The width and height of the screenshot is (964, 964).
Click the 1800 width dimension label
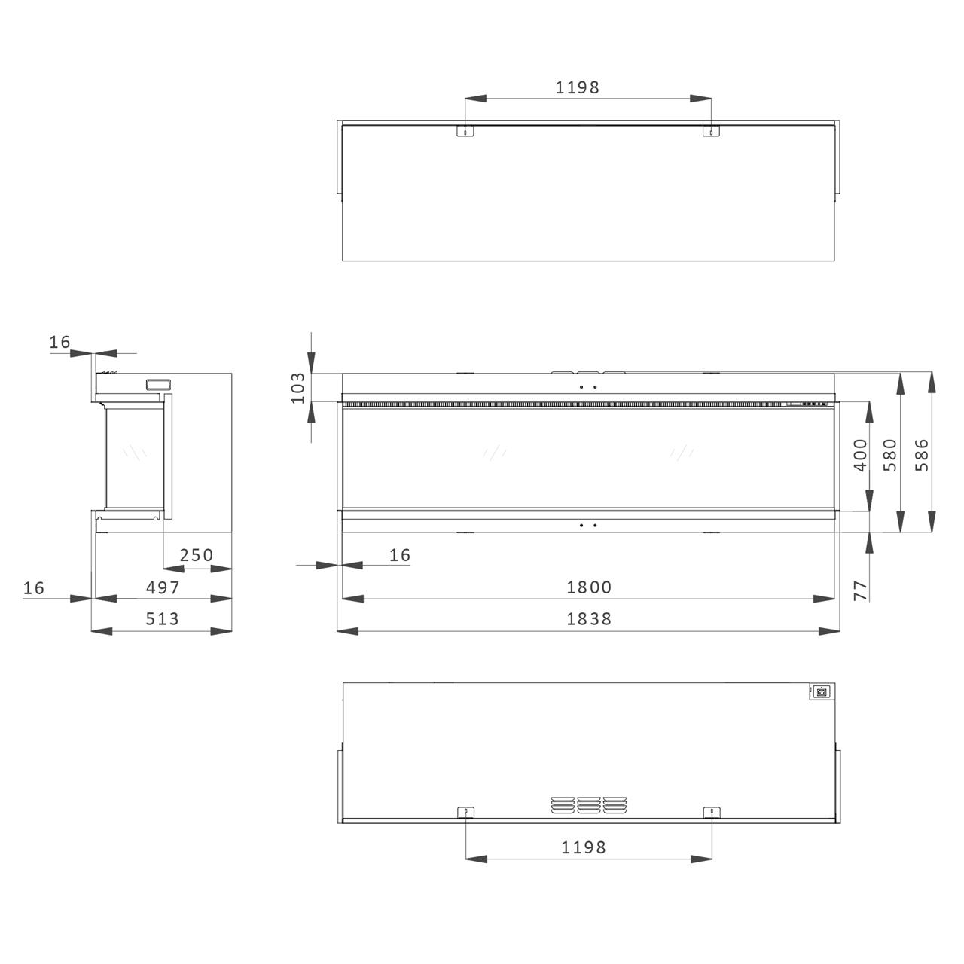[x=589, y=587]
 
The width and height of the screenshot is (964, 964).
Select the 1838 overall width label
[x=589, y=619]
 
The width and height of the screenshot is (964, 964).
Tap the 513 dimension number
[x=162, y=619]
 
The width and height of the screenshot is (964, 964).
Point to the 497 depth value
[x=163, y=587]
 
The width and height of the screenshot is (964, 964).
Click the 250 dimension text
[x=197, y=555]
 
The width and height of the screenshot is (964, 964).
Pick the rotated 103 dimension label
[x=298, y=388]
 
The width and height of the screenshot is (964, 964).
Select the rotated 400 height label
[x=861, y=455]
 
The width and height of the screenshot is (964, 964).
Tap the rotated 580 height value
[x=890, y=455]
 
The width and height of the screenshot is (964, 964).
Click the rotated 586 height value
[x=922, y=455]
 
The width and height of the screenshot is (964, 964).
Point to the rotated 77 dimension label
[x=861, y=590]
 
